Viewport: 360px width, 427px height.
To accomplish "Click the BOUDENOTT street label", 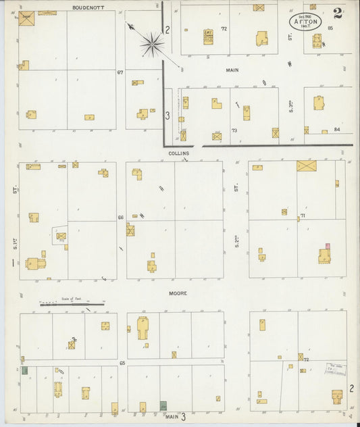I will click(x=84, y=7).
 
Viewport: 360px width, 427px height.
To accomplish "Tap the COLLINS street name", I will click(x=179, y=153).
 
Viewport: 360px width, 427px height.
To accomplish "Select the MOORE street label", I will click(x=178, y=293).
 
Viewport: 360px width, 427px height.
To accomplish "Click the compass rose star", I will click(x=152, y=44).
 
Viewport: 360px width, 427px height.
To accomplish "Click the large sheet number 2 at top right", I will click(x=337, y=14).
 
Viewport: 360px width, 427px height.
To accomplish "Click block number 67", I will click(x=120, y=72).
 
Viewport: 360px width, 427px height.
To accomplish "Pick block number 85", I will click(x=330, y=28).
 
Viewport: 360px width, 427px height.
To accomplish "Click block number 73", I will click(x=234, y=130).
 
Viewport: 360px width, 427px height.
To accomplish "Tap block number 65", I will click(x=122, y=363).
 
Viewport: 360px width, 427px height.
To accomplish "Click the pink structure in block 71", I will click(x=328, y=246).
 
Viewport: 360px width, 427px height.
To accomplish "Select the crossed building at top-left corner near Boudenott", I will click(x=26, y=19).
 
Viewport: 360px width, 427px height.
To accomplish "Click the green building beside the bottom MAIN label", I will click(x=163, y=405).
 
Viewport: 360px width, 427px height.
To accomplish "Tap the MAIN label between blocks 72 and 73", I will click(x=232, y=70).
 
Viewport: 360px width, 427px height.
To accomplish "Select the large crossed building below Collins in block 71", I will click(x=307, y=166).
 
